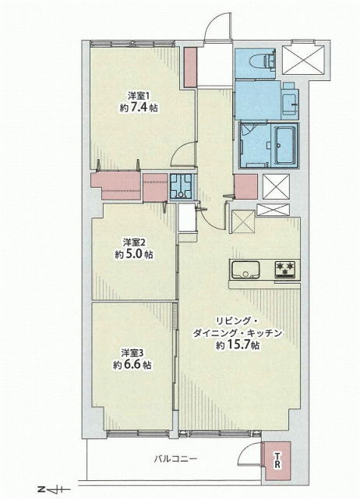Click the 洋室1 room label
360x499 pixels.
[139, 95]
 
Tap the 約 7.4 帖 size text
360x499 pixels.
[139, 108]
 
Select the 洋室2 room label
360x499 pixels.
[134, 242]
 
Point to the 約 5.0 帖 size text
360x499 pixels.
[133, 255]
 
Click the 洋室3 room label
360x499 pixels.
[132, 352]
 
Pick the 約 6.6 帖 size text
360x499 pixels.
[132, 365]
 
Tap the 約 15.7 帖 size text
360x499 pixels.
[238, 345]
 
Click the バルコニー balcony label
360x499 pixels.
[176, 459]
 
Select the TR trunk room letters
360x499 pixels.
[277, 460]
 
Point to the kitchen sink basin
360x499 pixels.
[245, 271]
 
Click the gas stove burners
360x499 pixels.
[285, 271]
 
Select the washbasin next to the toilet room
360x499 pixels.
[290, 101]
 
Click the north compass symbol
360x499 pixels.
[51, 489]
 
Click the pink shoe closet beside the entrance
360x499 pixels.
[190, 67]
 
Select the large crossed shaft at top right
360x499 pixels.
[303, 60]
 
